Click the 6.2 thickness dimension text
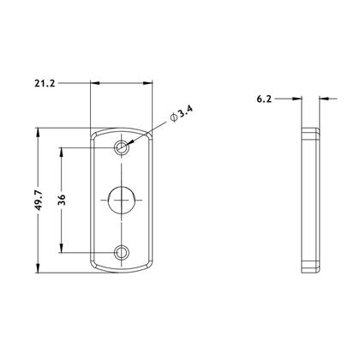tap(265, 99)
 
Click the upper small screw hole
tap(123, 147)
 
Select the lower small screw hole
tap(123, 252)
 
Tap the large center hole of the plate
tap(123, 200)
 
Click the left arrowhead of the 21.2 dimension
tap(93, 83)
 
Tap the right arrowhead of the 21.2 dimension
tap(152, 83)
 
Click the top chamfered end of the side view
tap(310, 131)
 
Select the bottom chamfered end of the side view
tap(310, 268)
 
